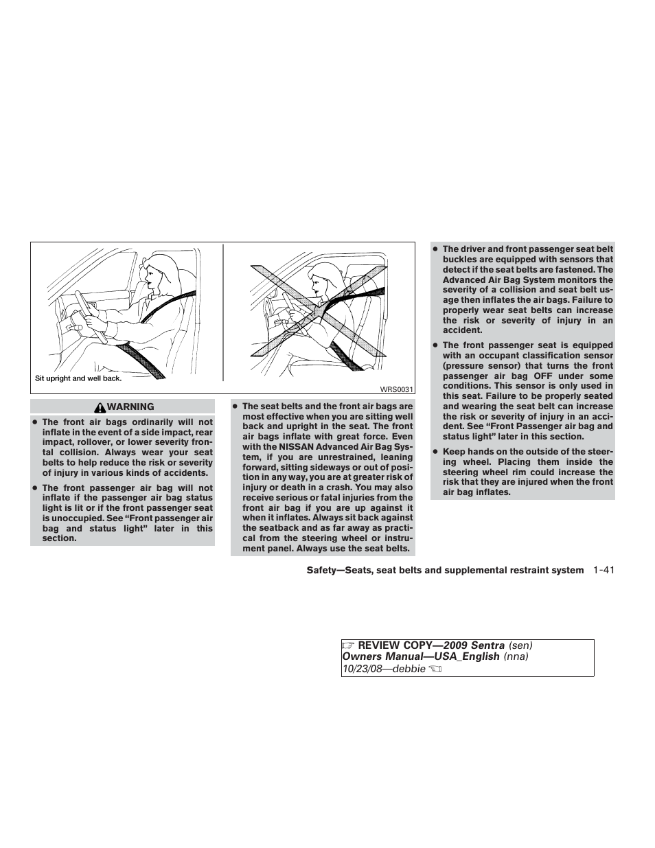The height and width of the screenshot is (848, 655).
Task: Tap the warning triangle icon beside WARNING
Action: pyautogui.click(x=102, y=407)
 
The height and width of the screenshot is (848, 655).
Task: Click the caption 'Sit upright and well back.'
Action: pyautogui.click(x=78, y=378)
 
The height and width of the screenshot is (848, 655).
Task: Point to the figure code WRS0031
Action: pyautogui.click(x=398, y=390)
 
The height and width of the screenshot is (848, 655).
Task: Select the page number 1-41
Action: pyautogui.click(x=601, y=571)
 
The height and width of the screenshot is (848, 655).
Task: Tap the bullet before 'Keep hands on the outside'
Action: pyautogui.click(x=435, y=452)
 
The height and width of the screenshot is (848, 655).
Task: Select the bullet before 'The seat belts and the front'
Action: pyautogui.click(x=235, y=406)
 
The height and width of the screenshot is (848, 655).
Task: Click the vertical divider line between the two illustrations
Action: pyautogui.click(x=222, y=312)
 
